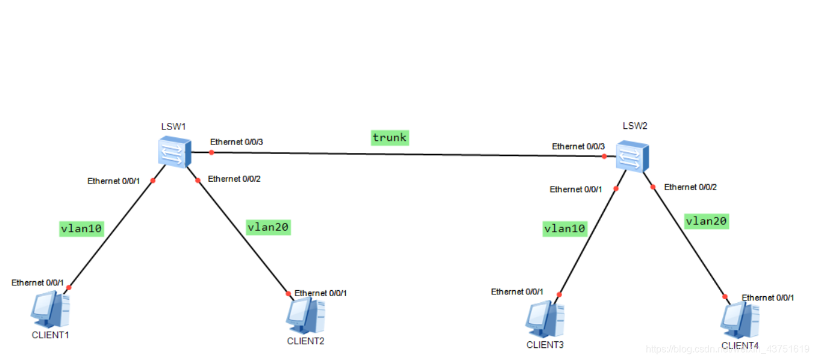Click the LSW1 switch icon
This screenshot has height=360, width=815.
pos(174,151)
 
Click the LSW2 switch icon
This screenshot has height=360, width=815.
pos(631,157)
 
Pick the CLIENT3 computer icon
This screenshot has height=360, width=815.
pos(545,319)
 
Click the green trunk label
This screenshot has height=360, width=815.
pos(390,138)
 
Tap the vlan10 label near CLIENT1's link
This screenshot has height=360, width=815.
pos(81,228)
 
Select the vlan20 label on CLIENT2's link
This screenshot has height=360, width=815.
pos(269,227)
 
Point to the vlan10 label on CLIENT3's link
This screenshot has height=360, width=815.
pos(564,229)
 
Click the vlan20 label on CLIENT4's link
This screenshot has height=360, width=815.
pos(707,222)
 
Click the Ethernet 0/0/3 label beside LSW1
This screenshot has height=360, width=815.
pos(237,142)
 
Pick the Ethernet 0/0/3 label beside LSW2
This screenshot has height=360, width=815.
pos(578,146)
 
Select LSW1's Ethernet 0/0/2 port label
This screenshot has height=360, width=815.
pos(234,179)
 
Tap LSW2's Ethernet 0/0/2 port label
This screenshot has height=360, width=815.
pos(690,187)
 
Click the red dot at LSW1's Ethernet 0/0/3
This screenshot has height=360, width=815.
pos(211,152)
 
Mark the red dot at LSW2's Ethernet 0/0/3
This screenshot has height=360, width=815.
pos(604,157)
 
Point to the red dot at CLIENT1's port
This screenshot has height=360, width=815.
pos(69,287)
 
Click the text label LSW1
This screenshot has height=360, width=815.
pos(173,126)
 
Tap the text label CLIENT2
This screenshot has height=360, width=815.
pos(305,341)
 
